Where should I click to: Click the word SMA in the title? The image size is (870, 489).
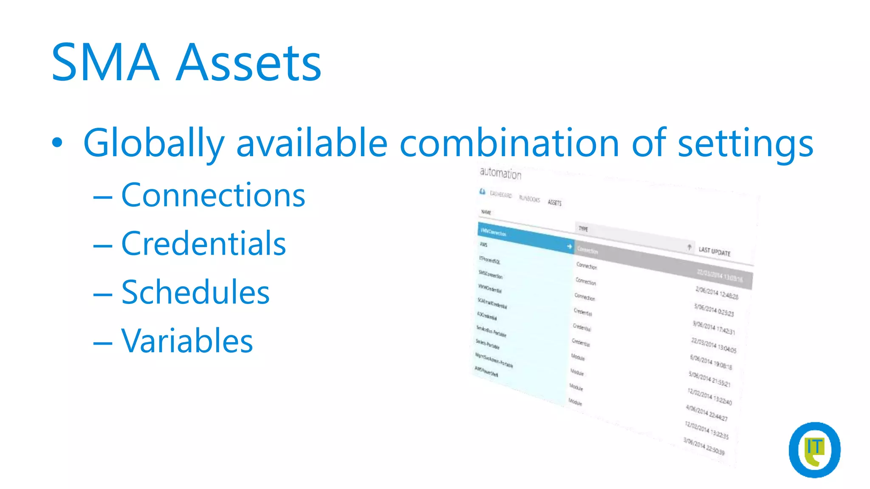pos(105,62)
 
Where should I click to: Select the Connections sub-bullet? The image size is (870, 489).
pos(213,195)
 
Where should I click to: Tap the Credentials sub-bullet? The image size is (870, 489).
pos(203,244)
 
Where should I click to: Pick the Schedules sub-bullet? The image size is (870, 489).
pos(195,292)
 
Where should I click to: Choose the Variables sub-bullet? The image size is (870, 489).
pos(187,341)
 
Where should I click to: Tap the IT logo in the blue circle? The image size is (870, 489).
pos(814,450)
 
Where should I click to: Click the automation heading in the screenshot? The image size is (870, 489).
pos(500,173)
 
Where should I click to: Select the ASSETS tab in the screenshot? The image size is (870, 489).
pos(554,202)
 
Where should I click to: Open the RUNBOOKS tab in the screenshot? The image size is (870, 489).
pos(529,199)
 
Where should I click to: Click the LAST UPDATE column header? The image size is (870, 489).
pos(715,252)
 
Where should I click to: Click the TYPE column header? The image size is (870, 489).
pos(583,229)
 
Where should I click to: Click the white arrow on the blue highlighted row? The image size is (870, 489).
pos(569,246)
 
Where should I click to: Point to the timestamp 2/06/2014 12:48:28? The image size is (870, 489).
pos(717,293)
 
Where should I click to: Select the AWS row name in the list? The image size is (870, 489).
pos(483,244)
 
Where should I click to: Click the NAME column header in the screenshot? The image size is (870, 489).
pos(486,212)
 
